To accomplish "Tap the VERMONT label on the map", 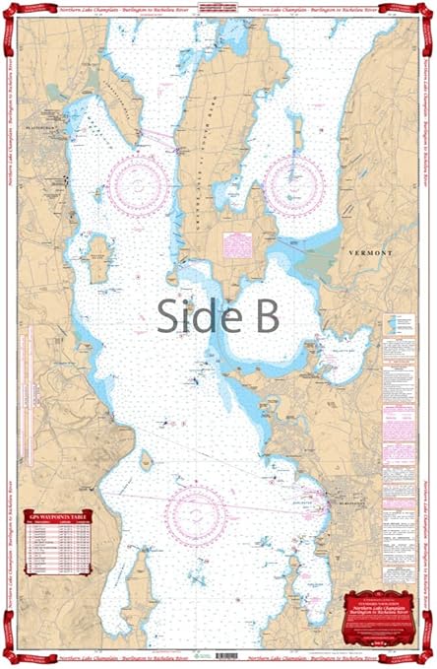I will click(370, 253).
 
